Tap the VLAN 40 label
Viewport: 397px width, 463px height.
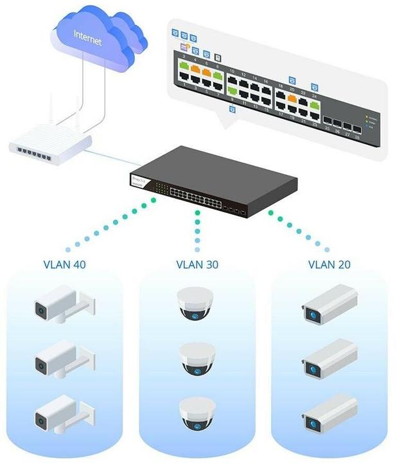pos(64,264)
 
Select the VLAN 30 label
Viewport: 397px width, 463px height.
pos(198,264)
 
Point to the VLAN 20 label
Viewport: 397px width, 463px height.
pos(330,264)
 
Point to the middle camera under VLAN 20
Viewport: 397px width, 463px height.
pos(329,358)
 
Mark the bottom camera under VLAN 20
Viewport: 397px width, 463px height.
pos(329,412)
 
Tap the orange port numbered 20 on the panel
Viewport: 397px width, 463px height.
pos(292,98)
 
